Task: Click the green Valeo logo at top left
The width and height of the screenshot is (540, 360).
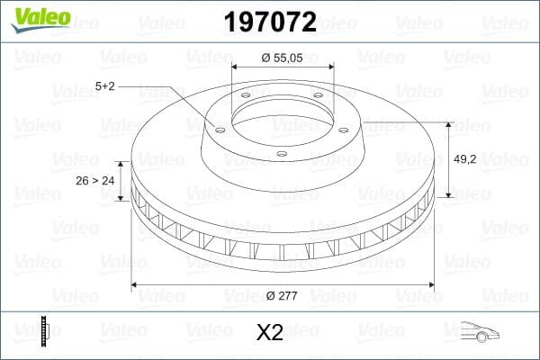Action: pos(39,17)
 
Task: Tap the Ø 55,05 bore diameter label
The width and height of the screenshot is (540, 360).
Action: pos(283,58)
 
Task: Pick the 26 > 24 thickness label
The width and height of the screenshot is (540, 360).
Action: pos(94,180)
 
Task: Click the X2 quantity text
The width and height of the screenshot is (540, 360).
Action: pos(270,332)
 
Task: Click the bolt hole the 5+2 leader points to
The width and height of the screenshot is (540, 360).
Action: pos(219,127)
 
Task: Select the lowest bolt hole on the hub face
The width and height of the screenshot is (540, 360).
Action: pos(281,154)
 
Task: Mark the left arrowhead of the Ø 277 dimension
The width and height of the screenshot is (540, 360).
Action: pos(135,285)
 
